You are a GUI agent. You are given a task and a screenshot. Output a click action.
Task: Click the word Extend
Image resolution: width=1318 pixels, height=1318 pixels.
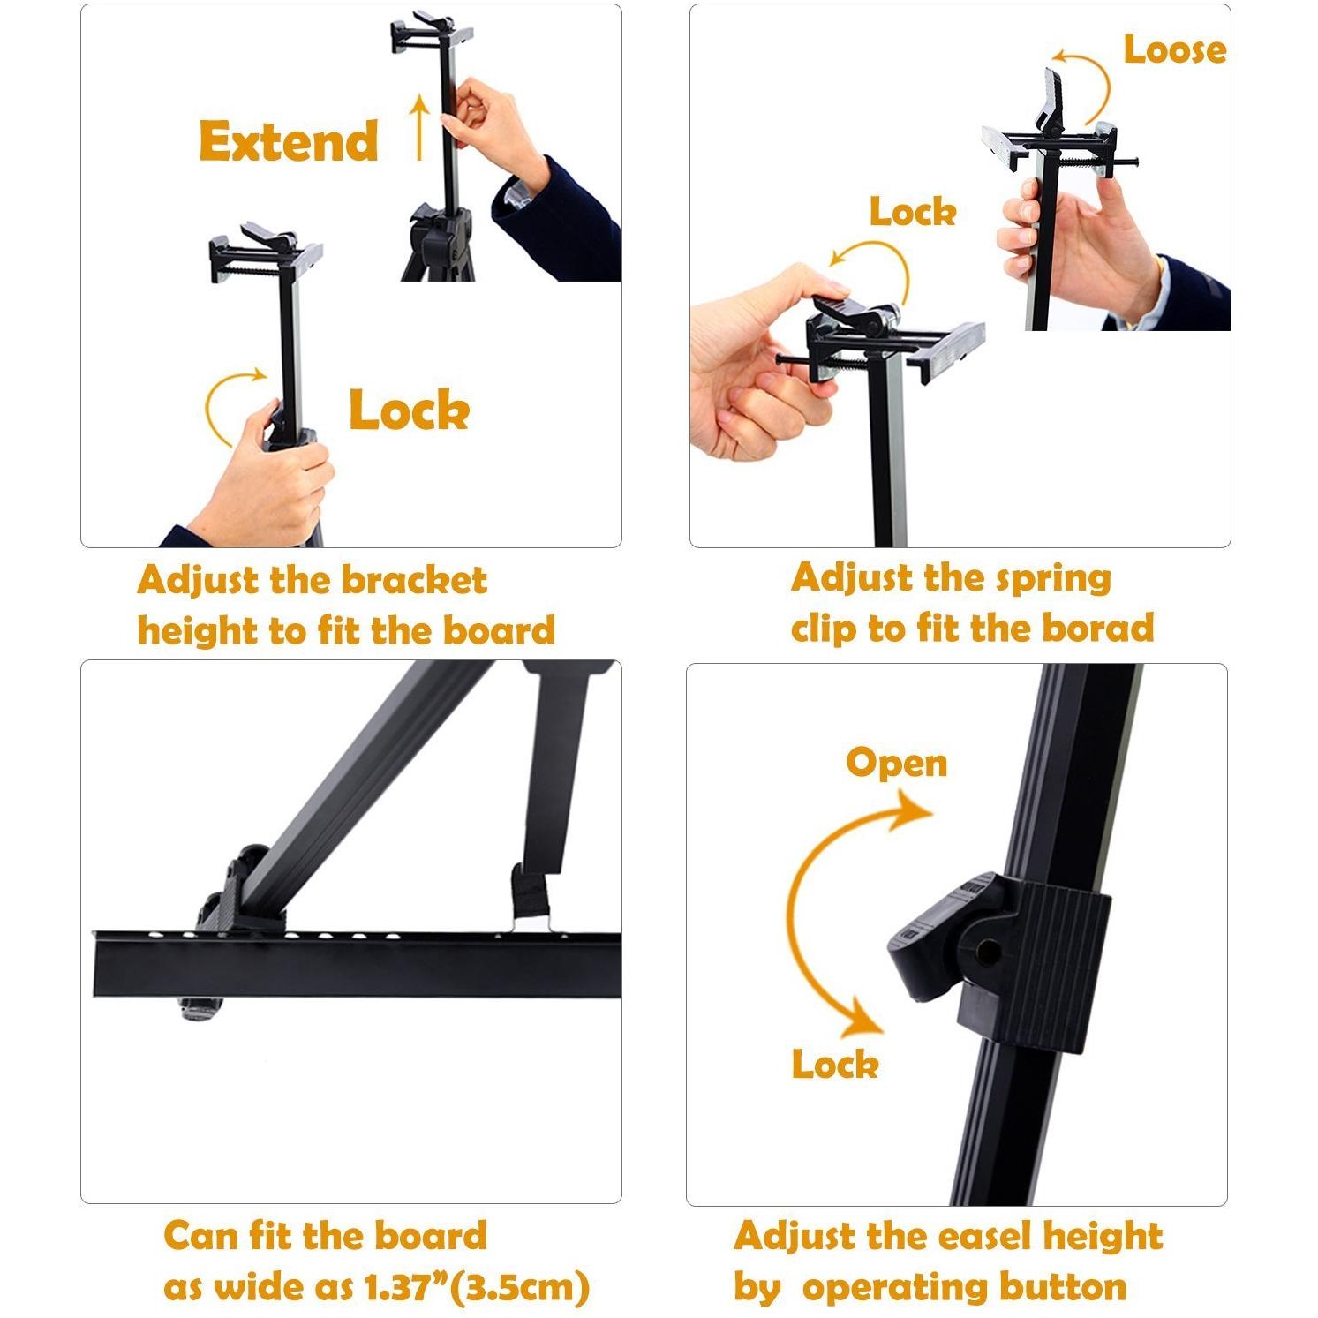(289, 141)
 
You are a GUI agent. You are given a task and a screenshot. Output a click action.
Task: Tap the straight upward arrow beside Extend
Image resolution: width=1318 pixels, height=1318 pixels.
(420, 128)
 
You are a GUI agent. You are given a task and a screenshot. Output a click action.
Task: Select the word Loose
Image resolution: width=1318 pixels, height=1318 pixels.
(1174, 49)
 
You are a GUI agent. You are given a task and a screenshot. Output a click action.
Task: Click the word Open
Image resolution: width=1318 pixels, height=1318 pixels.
(896, 762)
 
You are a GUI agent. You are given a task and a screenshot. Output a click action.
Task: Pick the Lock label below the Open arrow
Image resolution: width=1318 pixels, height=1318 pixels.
(834, 1064)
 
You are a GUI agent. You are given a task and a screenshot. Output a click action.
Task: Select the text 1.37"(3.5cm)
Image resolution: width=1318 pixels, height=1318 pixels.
(477, 1287)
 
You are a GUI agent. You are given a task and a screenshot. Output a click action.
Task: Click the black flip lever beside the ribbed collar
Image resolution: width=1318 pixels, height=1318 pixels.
(931, 940)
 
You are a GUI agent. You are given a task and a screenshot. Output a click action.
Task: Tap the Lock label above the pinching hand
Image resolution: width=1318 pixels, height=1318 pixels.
(913, 212)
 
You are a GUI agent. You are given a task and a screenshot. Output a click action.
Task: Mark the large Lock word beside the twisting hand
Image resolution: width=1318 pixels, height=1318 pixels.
(409, 410)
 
